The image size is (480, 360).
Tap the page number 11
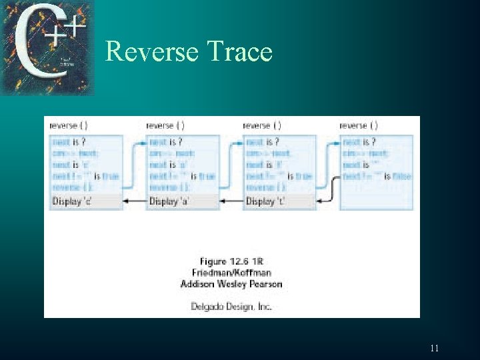(434, 348)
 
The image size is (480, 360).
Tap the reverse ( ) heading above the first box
(69, 125)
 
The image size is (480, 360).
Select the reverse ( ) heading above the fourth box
(359, 125)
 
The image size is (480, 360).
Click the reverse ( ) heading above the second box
(165, 125)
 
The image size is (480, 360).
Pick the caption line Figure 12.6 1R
(231, 261)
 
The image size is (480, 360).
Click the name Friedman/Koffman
(231, 273)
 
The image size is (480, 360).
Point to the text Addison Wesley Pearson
(231, 284)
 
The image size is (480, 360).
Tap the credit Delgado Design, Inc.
(231, 307)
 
